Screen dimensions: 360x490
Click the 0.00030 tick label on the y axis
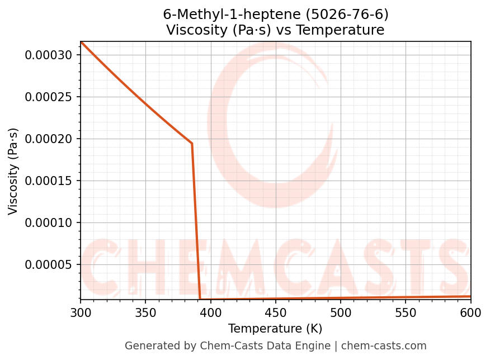48,55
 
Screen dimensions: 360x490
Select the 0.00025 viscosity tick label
48,97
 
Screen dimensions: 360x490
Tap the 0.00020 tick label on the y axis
48,139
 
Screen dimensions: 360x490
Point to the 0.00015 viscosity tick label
48,181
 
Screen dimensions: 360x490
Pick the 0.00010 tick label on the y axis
48,222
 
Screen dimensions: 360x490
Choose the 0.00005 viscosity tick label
48,264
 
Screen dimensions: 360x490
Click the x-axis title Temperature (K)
275,329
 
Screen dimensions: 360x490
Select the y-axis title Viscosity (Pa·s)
13,171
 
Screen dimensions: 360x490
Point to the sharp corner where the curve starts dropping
192,144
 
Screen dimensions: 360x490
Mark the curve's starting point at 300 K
81,42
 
